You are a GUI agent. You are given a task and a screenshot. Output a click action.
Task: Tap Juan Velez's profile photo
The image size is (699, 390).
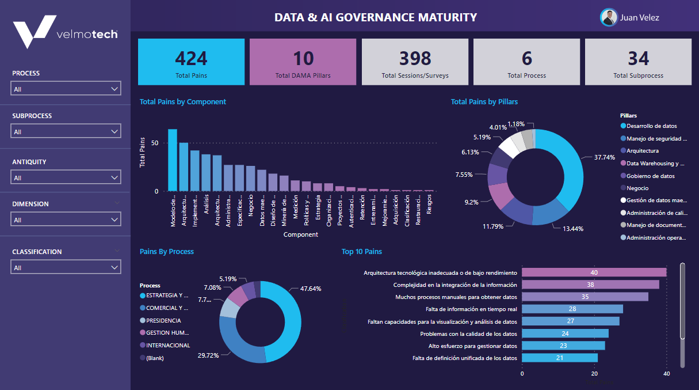(609, 17)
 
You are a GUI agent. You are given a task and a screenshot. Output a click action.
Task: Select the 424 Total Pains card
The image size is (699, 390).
(191, 62)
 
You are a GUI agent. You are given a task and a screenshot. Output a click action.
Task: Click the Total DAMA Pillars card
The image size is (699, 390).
(303, 62)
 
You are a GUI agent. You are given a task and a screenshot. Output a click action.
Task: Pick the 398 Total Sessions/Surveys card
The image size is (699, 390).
(415, 62)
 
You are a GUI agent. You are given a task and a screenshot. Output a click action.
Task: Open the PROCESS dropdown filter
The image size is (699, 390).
(66, 89)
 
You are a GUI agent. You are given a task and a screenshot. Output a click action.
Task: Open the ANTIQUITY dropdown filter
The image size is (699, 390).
(66, 177)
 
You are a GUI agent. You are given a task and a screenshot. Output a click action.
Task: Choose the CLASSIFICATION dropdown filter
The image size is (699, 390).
(66, 267)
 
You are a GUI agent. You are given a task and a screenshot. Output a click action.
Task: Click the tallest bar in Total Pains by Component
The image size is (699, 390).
(173, 160)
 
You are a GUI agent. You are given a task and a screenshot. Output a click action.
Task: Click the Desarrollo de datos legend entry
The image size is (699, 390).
(651, 126)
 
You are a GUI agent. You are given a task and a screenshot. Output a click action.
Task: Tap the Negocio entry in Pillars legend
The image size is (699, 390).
(637, 188)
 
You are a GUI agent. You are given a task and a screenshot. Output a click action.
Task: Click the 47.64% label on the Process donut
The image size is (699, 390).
(311, 289)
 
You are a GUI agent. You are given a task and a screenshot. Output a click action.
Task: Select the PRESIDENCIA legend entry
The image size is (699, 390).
(163, 320)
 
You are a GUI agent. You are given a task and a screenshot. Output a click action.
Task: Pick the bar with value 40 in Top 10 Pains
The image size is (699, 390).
(594, 272)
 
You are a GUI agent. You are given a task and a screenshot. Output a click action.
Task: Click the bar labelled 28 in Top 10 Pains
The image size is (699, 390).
(572, 309)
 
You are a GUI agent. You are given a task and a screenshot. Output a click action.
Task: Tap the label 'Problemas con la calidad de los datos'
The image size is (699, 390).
(468, 334)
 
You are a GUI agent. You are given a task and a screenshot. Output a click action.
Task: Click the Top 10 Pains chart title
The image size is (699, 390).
(361, 252)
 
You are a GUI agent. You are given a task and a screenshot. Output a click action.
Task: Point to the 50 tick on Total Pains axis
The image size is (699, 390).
(154, 143)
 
